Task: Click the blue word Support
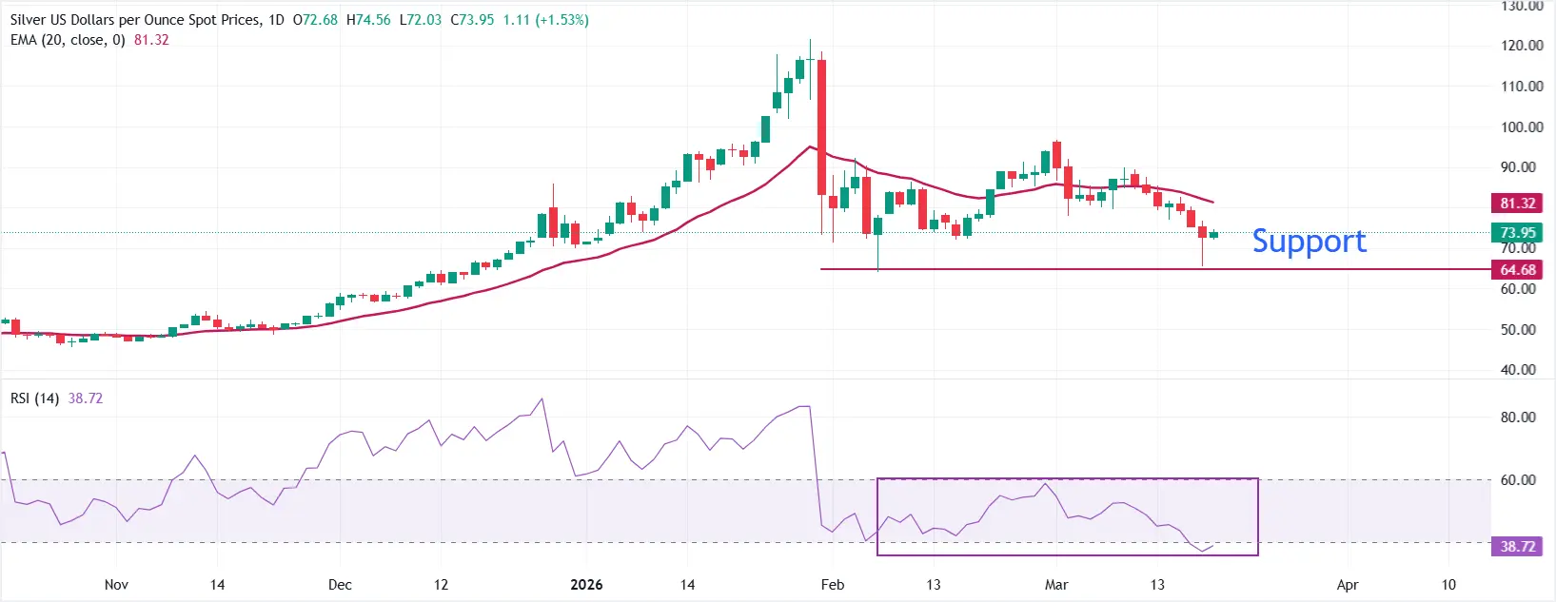click(1309, 242)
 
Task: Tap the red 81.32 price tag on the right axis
click(1517, 203)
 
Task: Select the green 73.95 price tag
click(1517, 232)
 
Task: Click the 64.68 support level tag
click(1517, 269)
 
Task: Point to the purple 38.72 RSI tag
click(1517, 546)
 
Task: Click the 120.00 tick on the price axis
click(1521, 45)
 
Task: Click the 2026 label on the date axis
click(586, 584)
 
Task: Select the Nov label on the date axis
click(116, 584)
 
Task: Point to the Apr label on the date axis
click(1347, 584)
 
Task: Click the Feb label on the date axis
click(833, 584)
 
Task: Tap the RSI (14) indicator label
click(34, 398)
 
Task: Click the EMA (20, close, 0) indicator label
click(68, 40)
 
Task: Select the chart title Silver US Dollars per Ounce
click(133, 20)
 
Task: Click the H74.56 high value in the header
click(368, 20)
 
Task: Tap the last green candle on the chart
click(1213, 234)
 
